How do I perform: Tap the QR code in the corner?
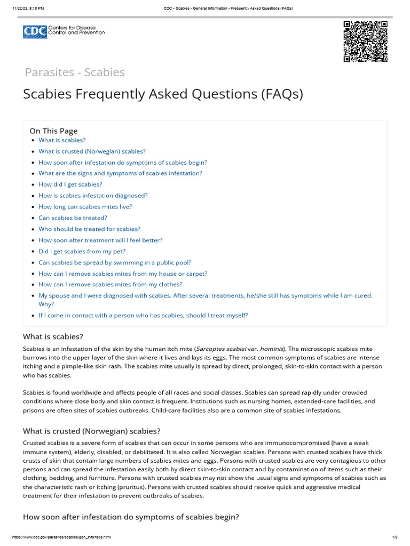click(x=365, y=42)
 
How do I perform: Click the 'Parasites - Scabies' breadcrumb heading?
click(x=75, y=72)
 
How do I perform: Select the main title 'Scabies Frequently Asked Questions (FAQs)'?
click(x=163, y=94)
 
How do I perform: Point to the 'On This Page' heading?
click(x=53, y=131)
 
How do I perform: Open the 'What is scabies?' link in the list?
click(x=62, y=140)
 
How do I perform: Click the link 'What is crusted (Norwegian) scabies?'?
click(x=92, y=151)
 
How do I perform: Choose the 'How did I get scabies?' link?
click(x=70, y=184)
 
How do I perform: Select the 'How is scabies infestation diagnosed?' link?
click(x=93, y=196)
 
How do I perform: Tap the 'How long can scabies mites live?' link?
click(x=85, y=207)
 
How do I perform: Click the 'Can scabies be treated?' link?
click(x=73, y=218)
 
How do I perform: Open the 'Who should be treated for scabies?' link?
click(x=89, y=229)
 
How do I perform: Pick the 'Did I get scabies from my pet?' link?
click(x=82, y=251)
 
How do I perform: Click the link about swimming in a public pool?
click(x=115, y=262)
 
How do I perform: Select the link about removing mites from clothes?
click(x=111, y=285)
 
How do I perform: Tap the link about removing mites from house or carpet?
click(x=123, y=274)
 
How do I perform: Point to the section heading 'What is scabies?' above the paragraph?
click(x=53, y=336)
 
